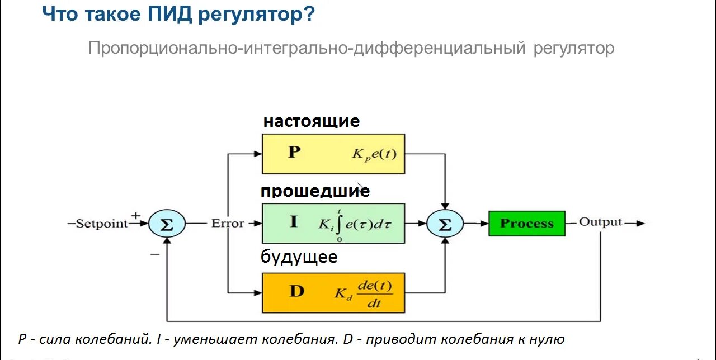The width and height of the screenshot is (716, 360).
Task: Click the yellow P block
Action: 333,154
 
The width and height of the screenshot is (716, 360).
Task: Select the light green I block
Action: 333,223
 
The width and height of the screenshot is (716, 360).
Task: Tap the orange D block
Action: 333,292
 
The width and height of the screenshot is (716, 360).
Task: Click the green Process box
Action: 526,224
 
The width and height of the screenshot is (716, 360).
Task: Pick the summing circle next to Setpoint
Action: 167,224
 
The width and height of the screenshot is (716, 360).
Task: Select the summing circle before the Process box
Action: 445,224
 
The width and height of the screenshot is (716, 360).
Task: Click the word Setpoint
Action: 101,224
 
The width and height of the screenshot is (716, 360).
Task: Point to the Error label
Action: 228,224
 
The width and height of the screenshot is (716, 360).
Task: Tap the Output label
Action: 600,222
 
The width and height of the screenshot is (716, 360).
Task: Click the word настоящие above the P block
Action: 312,121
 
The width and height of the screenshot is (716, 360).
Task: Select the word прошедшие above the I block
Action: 315,191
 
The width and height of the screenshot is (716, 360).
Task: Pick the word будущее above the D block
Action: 299,257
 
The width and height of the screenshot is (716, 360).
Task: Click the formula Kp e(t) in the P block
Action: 374,154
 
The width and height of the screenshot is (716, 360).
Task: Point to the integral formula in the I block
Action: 355,224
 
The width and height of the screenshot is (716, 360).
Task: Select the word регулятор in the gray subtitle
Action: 574,48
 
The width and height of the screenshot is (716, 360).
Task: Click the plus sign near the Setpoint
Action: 135,215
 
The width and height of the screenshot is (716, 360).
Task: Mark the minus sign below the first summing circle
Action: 155,254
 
